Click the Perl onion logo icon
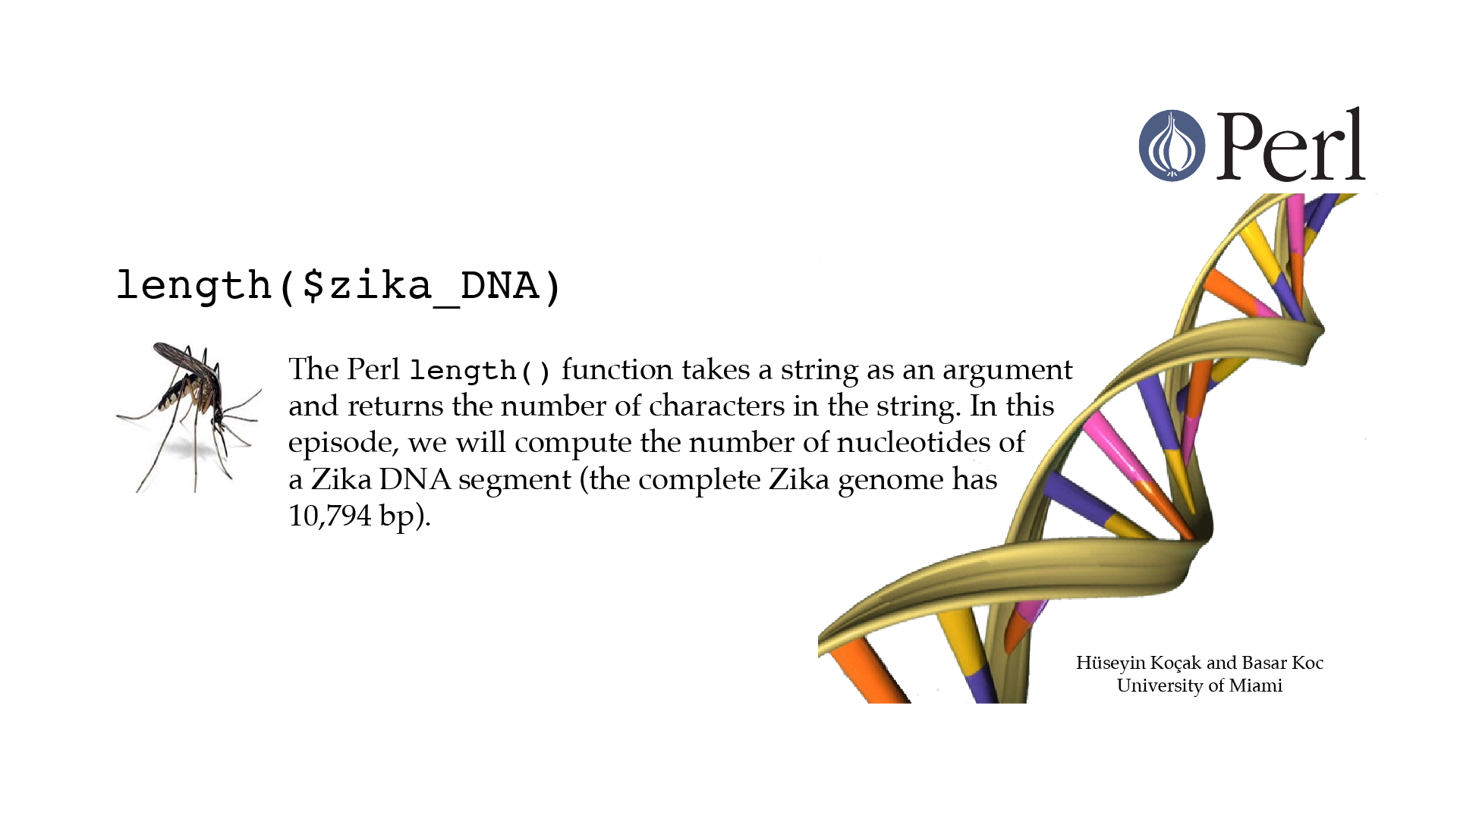(1172, 146)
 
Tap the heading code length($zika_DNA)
(338, 287)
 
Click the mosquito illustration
(189, 417)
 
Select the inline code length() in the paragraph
(480, 371)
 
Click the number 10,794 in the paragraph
(330, 516)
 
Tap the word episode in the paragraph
(343, 444)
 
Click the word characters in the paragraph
(716, 406)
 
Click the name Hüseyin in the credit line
(1109, 664)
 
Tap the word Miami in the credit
(1256, 686)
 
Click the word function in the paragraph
(617, 369)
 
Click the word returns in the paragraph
(395, 406)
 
